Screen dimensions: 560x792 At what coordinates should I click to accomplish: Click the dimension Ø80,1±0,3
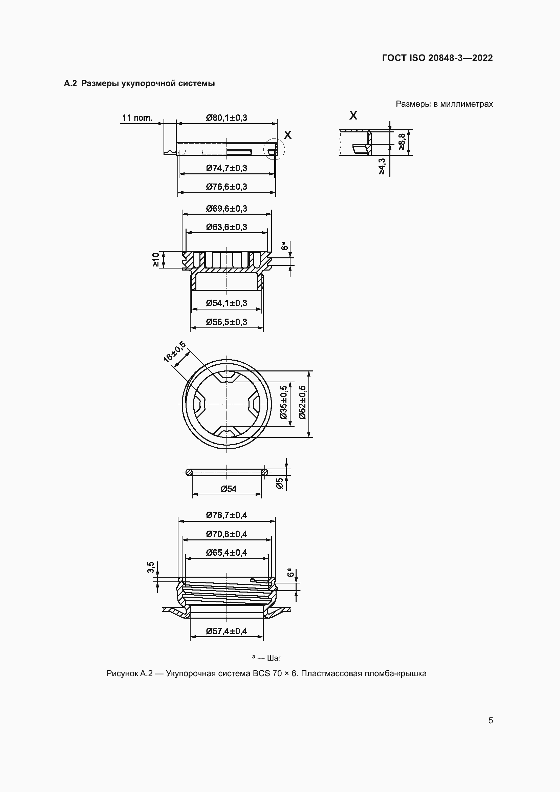click(227, 118)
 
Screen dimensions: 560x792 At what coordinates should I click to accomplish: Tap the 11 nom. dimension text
click(137, 118)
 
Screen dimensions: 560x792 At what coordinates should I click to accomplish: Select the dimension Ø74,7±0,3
click(227, 168)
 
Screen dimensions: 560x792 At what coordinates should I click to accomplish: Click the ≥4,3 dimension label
click(382, 166)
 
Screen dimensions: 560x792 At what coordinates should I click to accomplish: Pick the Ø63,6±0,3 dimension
click(227, 227)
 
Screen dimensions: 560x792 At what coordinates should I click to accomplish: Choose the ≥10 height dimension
click(156, 259)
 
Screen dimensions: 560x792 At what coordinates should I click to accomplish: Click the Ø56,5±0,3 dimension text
click(227, 322)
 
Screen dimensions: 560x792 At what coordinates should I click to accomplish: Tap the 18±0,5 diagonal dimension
click(174, 352)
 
